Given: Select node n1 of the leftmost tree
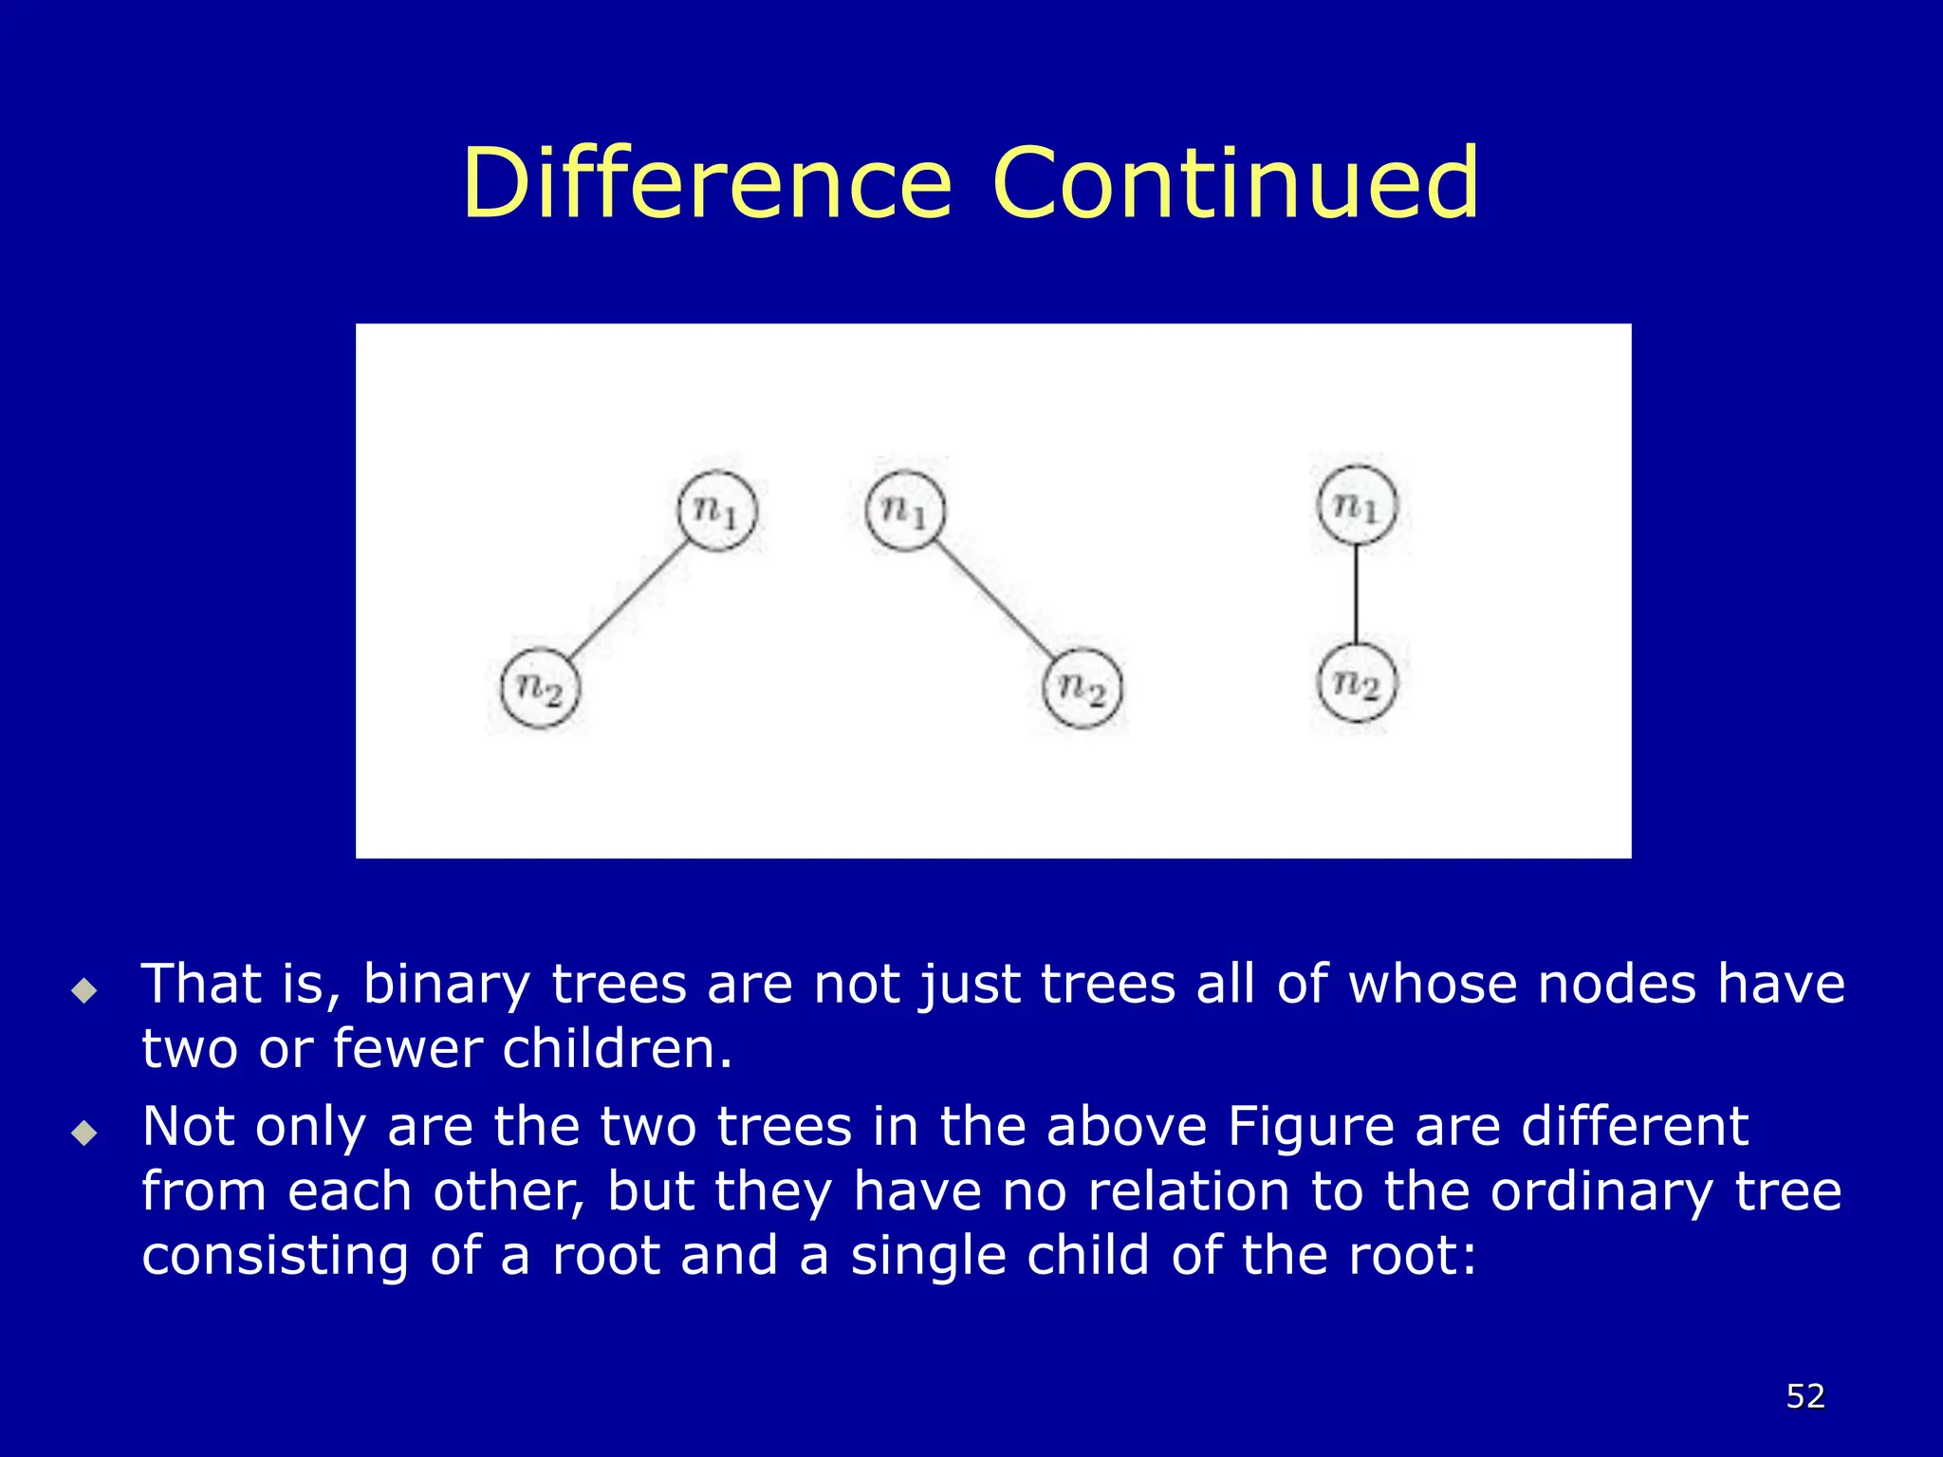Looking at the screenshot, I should [x=718, y=510].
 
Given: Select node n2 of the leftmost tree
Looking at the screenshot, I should [x=540, y=688].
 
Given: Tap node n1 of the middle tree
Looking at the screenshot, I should [x=906, y=510].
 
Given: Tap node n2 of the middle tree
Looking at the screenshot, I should [x=1082, y=688].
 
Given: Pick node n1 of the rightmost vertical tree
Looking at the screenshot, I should [x=1357, y=505].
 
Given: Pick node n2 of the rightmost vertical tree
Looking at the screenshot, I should [x=1357, y=683].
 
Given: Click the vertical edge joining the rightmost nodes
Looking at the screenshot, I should [x=1357, y=594].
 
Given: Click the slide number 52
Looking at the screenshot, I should [x=1805, y=1396].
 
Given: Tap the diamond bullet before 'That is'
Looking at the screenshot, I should [x=84, y=991].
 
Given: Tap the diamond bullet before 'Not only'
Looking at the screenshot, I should [x=84, y=1133].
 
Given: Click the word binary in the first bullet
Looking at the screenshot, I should [x=446, y=985].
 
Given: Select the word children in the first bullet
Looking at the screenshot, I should [x=617, y=1049].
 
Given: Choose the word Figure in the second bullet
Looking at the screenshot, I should [x=1311, y=1127].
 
